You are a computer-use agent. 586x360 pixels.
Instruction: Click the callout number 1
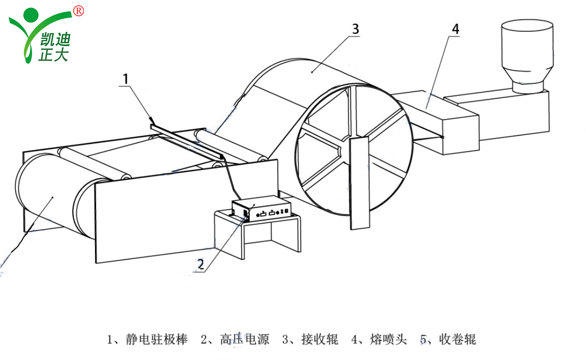pyautogui.click(x=126, y=79)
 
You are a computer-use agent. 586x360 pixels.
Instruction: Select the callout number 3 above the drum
pyautogui.click(x=355, y=29)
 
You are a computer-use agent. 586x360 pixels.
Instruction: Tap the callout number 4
pyautogui.click(x=455, y=29)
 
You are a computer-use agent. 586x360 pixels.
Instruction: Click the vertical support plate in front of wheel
pyautogui.click(x=360, y=182)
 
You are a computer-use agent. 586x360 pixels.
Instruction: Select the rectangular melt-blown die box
pyautogui.click(x=445, y=126)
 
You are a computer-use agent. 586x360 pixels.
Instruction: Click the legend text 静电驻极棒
pyautogui.click(x=157, y=339)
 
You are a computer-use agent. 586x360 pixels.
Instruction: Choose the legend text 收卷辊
pyautogui.click(x=458, y=339)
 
